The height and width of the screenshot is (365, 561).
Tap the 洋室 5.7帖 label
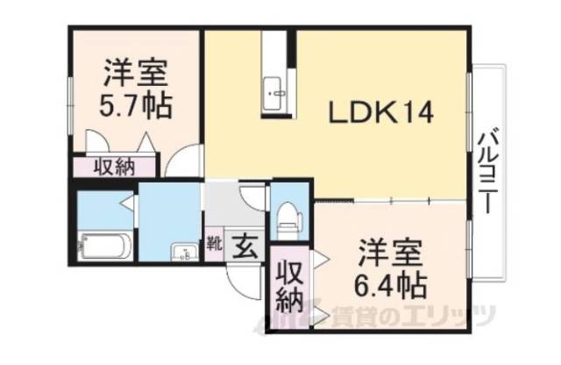135,89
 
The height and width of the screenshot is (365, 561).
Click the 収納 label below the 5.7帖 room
115,166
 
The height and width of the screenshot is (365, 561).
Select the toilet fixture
287,216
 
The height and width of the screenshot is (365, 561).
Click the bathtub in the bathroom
104,245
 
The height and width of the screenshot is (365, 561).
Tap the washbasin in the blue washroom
184,254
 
